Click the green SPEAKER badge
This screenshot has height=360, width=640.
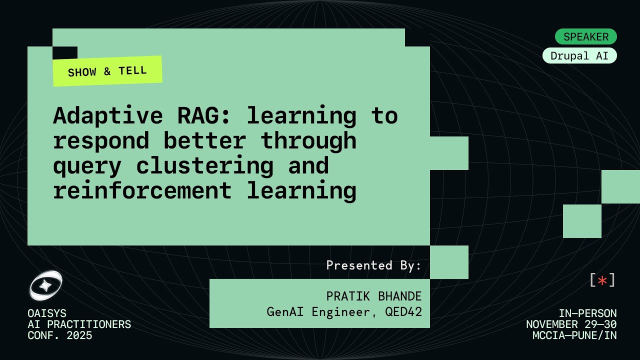tap(586, 36)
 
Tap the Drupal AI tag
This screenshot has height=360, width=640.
tap(579, 56)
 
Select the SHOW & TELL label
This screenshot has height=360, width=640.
tap(107, 71)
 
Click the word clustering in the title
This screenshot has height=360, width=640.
tap(204, 165)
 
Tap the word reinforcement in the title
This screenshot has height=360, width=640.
tap(142, 190)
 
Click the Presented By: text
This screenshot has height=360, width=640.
tap(374, 265)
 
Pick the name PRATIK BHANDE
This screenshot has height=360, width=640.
tap(374, 296)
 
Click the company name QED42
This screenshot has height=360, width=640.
tap(403, 312)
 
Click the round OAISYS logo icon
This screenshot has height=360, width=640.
tap(45, 285)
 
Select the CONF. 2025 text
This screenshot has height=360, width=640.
tap(60, 335)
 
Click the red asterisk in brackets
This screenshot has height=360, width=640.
tap(602, 280)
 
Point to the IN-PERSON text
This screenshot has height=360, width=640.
tap(587, 313)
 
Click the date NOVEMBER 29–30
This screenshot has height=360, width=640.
tap(571, 324)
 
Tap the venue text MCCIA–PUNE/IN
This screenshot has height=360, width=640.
tap(574, 335)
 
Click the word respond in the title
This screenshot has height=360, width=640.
tap(101, 141)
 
